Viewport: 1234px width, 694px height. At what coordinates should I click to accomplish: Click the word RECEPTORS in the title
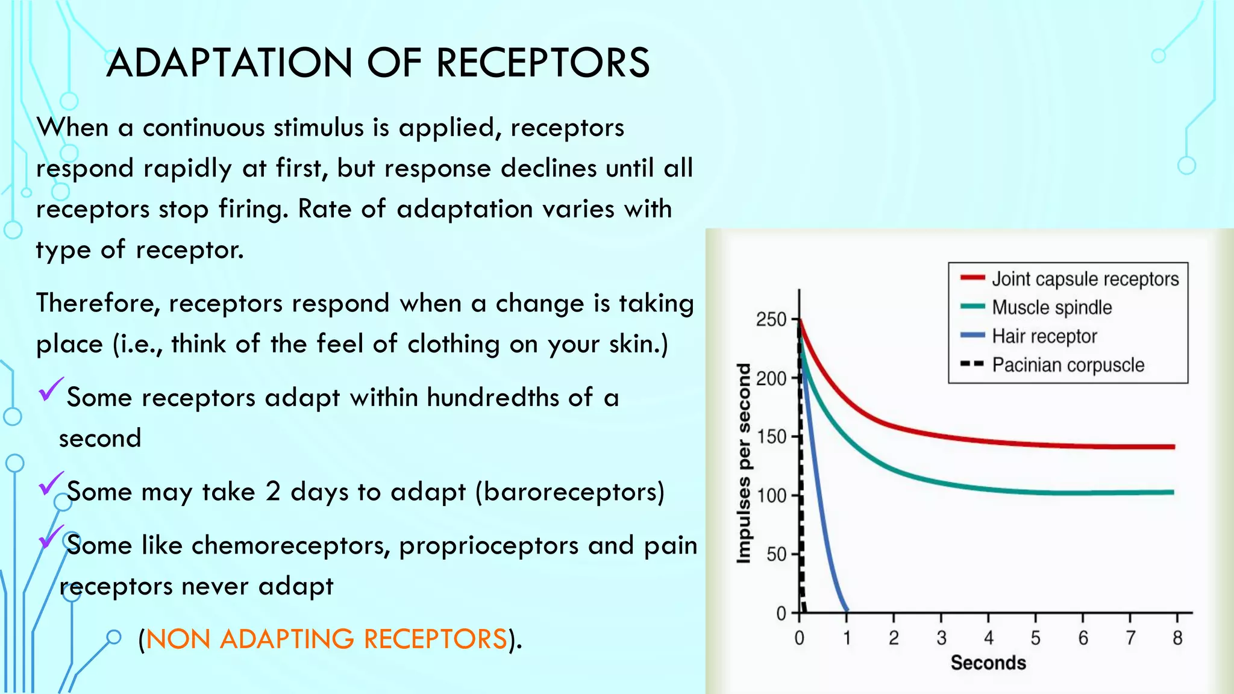pos(543,63)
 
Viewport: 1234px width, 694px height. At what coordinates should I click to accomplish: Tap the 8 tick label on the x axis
pos(1177,638)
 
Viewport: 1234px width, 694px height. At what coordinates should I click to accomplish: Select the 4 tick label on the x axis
pos(988,638)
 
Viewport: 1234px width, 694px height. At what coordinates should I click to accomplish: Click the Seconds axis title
pos(988,663)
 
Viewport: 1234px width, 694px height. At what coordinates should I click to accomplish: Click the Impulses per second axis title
pos(744,464)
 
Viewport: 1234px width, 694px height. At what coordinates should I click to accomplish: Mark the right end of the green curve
pos(1173,492)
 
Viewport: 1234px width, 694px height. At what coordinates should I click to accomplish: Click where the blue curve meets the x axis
pos(847,611)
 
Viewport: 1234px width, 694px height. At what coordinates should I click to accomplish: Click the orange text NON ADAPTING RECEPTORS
pos(326,639)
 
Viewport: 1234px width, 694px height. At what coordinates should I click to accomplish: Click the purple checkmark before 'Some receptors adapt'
pos(51,390)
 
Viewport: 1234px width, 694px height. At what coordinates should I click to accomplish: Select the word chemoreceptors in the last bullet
pos(291,546)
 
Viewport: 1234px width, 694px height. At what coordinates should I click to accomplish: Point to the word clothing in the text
pos(453,345)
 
